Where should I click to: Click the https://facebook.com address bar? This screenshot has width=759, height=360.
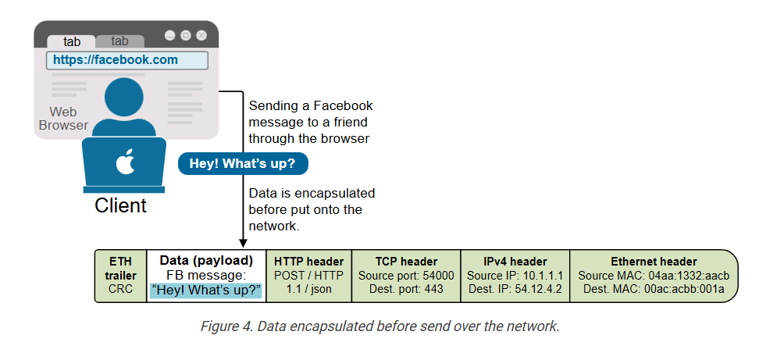(126, 60)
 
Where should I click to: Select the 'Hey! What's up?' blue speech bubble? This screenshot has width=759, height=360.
(242, 164)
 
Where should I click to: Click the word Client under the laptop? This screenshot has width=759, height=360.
(120, 206)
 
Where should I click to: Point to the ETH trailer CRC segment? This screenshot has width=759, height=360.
(121, 276)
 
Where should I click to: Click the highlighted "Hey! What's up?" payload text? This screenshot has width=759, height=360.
(206, 290)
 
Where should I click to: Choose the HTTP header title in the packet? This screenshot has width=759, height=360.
(308, 262)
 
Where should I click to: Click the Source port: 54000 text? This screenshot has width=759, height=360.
(406, 276)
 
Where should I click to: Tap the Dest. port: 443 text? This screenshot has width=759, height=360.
(406, 290)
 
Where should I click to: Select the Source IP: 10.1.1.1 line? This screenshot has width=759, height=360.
(515, 276)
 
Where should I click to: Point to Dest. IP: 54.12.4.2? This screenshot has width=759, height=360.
(515, 290)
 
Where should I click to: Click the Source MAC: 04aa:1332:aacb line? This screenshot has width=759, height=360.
(654, 276)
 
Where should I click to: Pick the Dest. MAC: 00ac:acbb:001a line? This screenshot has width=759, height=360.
(654, 290)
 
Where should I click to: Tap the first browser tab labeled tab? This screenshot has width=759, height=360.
(72, 41)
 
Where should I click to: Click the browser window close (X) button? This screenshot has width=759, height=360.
(201, 35)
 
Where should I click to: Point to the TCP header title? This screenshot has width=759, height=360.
(406, 262)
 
